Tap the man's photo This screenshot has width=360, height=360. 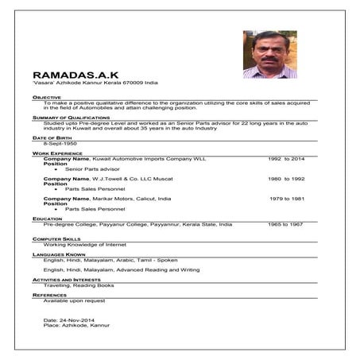click(x=269, y=54)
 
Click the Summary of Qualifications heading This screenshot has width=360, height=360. click(x=65, y=117)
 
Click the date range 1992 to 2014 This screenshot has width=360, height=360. click(x=286, y=158)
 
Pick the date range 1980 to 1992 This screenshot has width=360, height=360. click(x=286, y=179)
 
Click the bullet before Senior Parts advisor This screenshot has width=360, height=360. click(x=56, y=169)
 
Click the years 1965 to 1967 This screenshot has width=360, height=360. click(x=285, y=224)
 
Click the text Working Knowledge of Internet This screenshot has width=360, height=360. click(x=78, y=244)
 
